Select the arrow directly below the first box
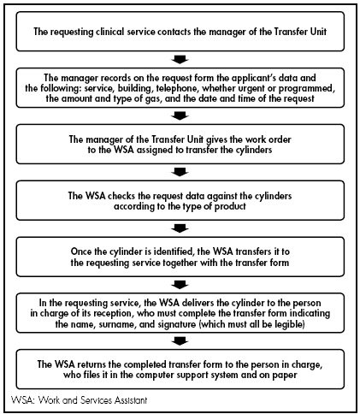pyautogui.click(x=180, y=58)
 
